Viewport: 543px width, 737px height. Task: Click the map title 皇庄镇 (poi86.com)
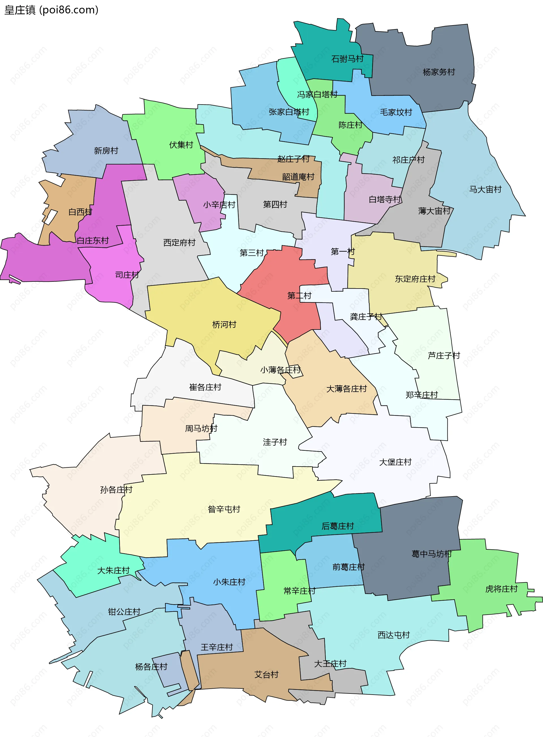(x=51, y=10)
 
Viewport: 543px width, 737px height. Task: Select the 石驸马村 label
(x=347, y=59)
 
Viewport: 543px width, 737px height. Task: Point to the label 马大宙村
(x=485, y=190)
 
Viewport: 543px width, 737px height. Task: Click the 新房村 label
(x=106, y=151)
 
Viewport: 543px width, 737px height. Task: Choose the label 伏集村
(x=181, y=145)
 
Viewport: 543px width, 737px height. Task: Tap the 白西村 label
(x=80, y=212)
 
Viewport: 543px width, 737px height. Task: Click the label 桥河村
(x=224, y=325)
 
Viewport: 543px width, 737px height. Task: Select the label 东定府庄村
(x=415, y=279)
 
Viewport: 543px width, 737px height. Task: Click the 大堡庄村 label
(x=395, y=462)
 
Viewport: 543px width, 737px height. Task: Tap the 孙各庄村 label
(x=116, y=490)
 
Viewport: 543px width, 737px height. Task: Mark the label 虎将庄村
(x=501, y=589)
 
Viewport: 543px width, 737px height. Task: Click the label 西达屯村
(x=393, y=635)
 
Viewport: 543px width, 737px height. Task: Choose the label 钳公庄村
(x=124, y=612)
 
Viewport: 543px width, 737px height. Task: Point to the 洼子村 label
(x=275, y=442)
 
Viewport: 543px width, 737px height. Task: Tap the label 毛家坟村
(x=396, y=112)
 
